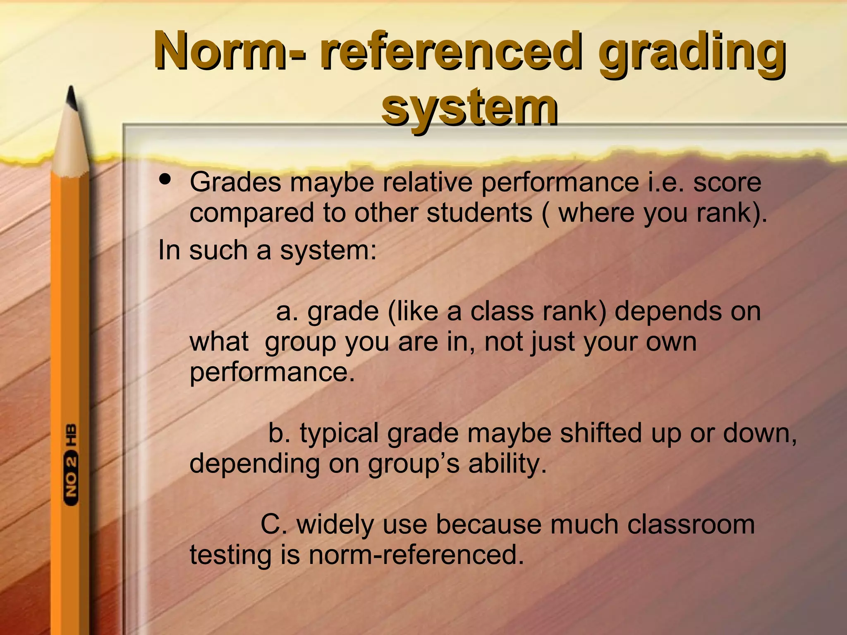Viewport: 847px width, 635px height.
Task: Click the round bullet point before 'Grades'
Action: tap(165, 180)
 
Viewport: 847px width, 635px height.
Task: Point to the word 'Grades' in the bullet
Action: tap(235, 182)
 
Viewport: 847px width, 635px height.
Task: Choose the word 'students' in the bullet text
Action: tap(479, 213)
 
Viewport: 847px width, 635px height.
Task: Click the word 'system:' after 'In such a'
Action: tap(329, 251)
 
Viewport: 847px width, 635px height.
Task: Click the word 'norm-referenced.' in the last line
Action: tap(416, 555)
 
